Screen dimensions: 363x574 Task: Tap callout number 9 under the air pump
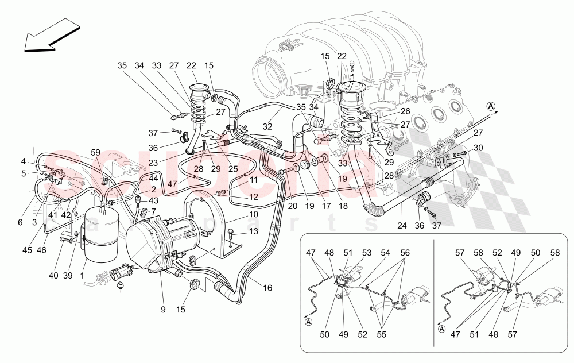pyautogui.click(x=162, y=310)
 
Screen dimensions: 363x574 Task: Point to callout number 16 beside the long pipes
pyautogui.click(x=267, y=287)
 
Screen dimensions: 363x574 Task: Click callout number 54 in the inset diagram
pyautogui.click(x=385, y=252)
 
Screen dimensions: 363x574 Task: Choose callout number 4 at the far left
pyautogui.click(x=24, y=161)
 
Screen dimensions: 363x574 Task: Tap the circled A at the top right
pyautogui.click(x=491, y=106)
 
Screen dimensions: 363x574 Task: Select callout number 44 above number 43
pyautogui.click(x=153, y=179)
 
